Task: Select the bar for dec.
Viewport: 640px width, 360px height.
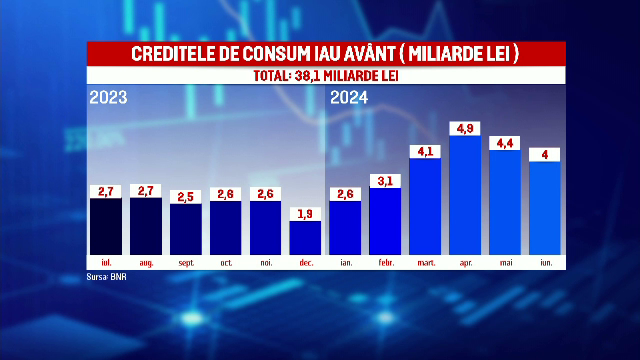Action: pyautogui.click(x=305, y=237)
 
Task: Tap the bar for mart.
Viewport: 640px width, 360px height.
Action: pyautogui.click(x=425, y=206)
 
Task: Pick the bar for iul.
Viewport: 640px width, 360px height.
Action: pyautogui.click(x=105, y=226)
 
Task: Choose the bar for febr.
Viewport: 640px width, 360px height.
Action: pyautogui.click(x=385, y=221)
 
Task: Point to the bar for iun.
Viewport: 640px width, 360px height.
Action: pyautogui.click(x=545, y=208)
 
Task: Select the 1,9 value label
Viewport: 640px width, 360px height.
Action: pyautogui.click(x=305, y=213)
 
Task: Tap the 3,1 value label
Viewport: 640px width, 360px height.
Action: pyautogui.click(x=385, y=180)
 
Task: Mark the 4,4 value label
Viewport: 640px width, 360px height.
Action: pyautogui.click(x=505, y=143)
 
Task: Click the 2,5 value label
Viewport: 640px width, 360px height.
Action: pyautogui.click(x=185, y=196)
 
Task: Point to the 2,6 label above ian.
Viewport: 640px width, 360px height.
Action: pyautogui.click(x=345, y=194)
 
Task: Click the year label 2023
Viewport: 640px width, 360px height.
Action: pyautogui.click(x=108, y=97)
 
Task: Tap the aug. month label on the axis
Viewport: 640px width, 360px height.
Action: pyautogui.click(x=145, y=263)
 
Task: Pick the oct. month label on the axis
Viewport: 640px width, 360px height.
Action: pyautogui.click(x=225, y=263)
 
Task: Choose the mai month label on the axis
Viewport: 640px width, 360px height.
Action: pyautogui.click(x=505, y=263)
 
